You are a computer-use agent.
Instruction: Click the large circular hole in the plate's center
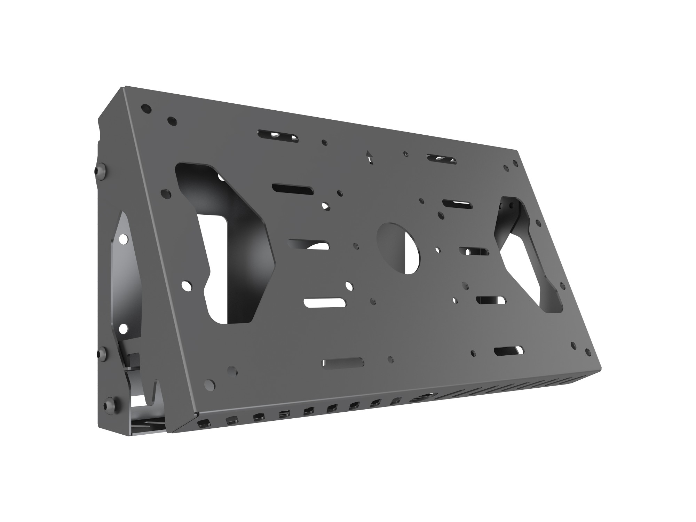click(x=398, y=248)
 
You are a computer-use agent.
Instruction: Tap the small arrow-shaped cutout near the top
click(x=369, y=157)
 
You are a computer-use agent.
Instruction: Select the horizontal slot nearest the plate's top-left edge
click(x=278, y=136)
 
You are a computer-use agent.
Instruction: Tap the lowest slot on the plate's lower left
click(x=343, y=362)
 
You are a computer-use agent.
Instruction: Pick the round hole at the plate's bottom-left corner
click(x=209, y=384)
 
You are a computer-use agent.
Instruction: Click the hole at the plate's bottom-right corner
click(x=588, y=352)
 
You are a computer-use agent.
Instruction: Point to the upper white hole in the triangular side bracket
click(x=122, y=239)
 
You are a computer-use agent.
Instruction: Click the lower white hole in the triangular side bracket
click(x=122, y=328)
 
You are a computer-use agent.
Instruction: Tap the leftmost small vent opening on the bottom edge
click(x=202, y=424)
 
